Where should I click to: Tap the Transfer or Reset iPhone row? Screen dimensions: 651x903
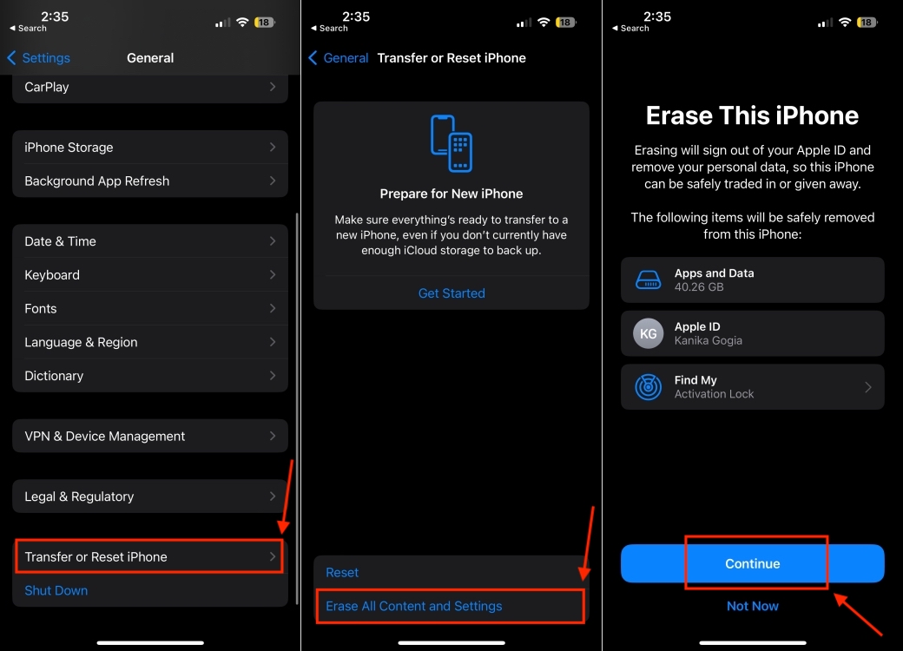click(x=149, y=556)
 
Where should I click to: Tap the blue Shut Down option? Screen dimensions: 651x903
click(x=56, y=590)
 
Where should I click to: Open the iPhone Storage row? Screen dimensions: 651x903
click(x=149, y=148)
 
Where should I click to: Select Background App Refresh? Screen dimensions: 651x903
click(x=149, y=181)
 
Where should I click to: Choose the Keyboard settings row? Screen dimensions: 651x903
click(x=149, y=274)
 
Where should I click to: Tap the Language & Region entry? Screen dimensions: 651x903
click(x=149, y=342)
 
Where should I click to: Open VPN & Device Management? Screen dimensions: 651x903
click(x=149, y=436)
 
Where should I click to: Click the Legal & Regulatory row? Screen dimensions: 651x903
click(x=149, y=496)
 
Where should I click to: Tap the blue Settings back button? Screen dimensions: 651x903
click(x=39, y=58)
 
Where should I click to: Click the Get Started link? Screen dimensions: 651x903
click(x=451, y=293)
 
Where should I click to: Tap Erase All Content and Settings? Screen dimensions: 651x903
click(x=414, y=606)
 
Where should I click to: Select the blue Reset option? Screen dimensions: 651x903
click(x=342, y=572)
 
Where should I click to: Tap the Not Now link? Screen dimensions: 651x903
click(x=753, y=606)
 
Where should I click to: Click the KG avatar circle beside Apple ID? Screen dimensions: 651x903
click(x=649, y=333)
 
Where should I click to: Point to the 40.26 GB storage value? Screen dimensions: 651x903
click(x=699, y=286)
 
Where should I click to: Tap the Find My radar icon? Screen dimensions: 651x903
click(x=649, y=387)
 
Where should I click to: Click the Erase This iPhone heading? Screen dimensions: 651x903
click(x=753, y=115)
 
